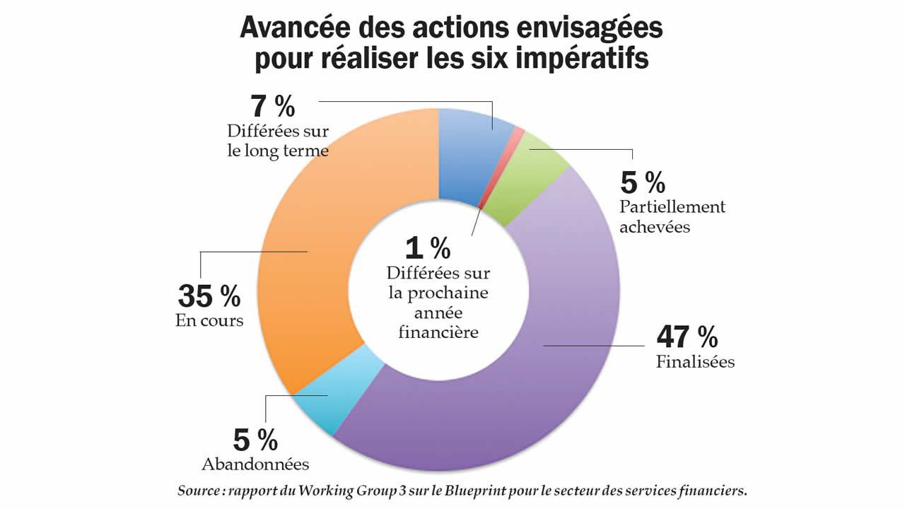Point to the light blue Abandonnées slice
(x=332, y=392)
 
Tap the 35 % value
(x=209, y=297)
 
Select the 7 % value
(x=272, y=107)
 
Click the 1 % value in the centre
(x=428, y=248)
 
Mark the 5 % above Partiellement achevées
(x=643, y=184)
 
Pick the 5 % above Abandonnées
(x=255, y=441)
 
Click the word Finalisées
(x=695, y=362)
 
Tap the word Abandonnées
(x=255, y=464)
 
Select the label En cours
(x=209, y=320)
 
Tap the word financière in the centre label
(x=438, y=331)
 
